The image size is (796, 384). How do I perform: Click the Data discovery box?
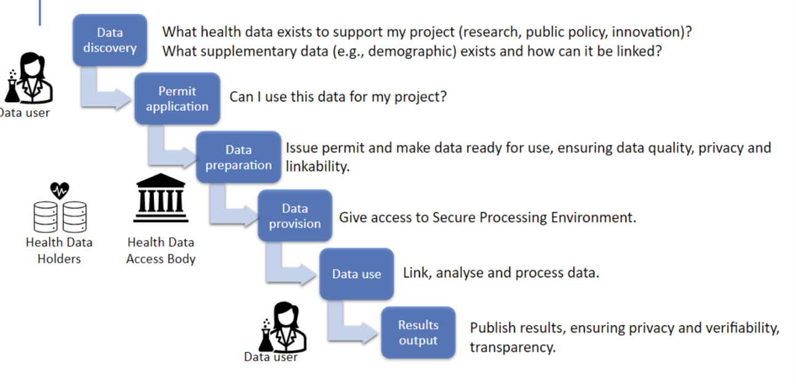click(x=110, y=40)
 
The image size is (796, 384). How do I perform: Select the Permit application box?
click(x=177, y=98)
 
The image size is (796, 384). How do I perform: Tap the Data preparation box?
click(x=239, y=157)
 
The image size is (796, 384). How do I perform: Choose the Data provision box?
click(x=295, y=215)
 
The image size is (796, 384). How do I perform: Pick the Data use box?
click(x=356, y=274)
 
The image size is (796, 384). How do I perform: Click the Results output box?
click(x=418, y=332)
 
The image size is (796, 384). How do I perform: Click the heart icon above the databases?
click(x=59, y=191)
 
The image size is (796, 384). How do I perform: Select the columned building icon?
click(x=161, y=198)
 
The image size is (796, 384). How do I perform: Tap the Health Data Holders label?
click(x=59, y=250)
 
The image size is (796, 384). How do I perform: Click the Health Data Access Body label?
click(x=161, y=250)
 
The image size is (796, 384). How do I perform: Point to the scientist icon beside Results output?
click(x=283, y=327)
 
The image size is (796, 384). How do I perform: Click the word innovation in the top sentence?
click(x=646, y=32)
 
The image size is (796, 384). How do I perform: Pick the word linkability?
click(x=317, y=166)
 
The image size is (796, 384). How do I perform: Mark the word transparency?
click(x=512, y=347)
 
